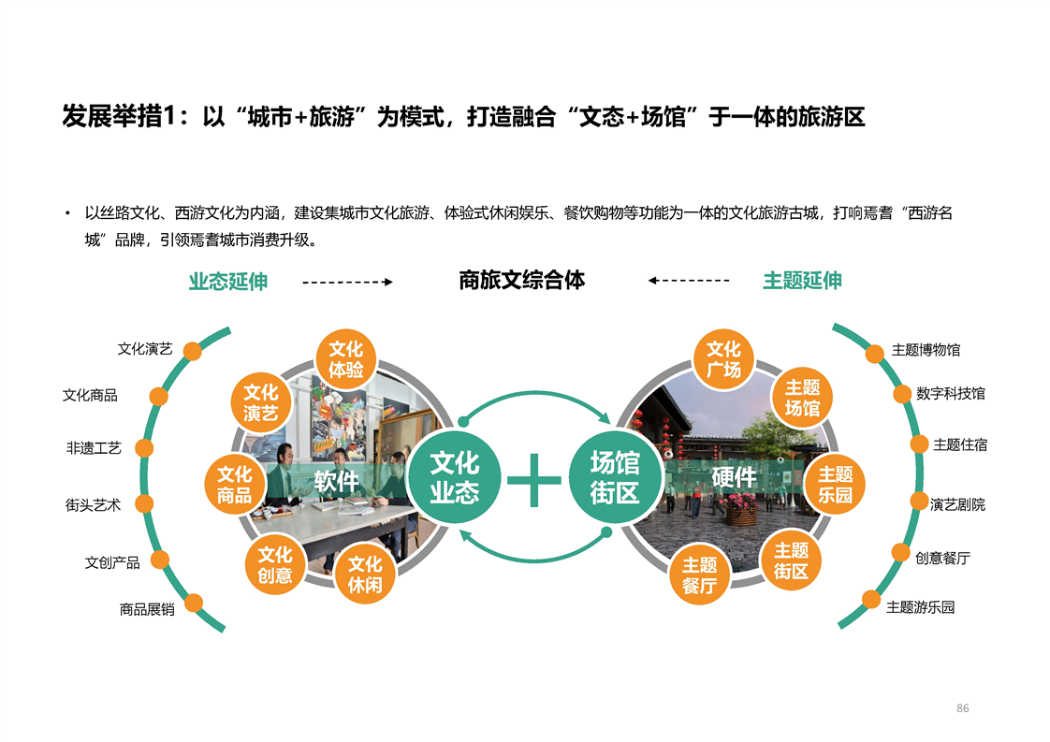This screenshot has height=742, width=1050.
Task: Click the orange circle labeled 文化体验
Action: point(345,359)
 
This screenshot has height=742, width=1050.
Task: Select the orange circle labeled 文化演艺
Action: point(260,402)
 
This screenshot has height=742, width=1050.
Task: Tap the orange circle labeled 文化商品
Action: point(234,484)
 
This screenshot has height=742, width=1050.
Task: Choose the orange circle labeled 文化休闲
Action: point(365,574)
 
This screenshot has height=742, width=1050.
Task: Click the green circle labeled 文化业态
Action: point(455,477)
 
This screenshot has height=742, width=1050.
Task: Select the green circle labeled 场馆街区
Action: point(616,477)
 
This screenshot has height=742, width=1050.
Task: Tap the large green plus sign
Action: point(534,479)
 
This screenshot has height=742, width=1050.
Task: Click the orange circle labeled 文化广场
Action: point(724,359)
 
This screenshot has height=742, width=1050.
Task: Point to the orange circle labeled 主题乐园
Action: point(835,484)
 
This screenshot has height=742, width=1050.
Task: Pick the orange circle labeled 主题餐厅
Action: point(700,575)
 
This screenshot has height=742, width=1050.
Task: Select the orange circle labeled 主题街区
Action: point(791,560)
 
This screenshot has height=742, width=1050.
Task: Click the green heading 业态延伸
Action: point(228,282)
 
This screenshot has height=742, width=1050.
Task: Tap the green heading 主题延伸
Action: point(802,281)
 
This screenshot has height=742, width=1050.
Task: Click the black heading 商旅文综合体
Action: point(521,280)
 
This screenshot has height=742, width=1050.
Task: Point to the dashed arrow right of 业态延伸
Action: point(347,282)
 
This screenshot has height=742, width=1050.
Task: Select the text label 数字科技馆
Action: point(951,394)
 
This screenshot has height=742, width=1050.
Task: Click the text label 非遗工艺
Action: point(94,448)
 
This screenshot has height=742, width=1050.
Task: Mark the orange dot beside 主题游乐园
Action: point(871,600)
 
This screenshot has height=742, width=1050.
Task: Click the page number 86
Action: point(963,707)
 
